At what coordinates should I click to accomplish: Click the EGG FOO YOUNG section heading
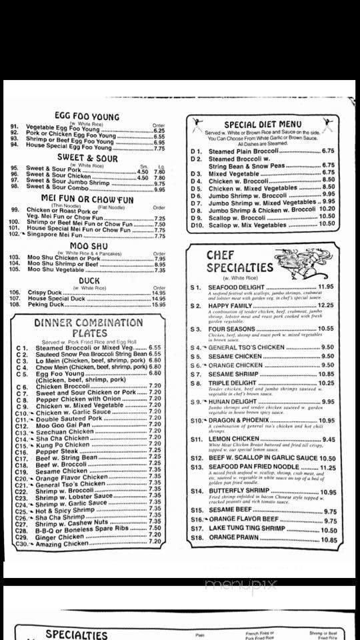coord(87,117)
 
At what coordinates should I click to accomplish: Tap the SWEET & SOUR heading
coord(87,159)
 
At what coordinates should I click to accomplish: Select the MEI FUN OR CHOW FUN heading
coord(87,199)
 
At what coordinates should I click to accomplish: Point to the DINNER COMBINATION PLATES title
coord(89,327)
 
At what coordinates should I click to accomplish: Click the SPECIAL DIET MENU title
coord(262,124)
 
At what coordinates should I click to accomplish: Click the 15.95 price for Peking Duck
coord(158,304)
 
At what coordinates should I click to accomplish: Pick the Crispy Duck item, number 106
coord(46,292)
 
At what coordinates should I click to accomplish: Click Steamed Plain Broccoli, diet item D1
coord(243,151)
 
